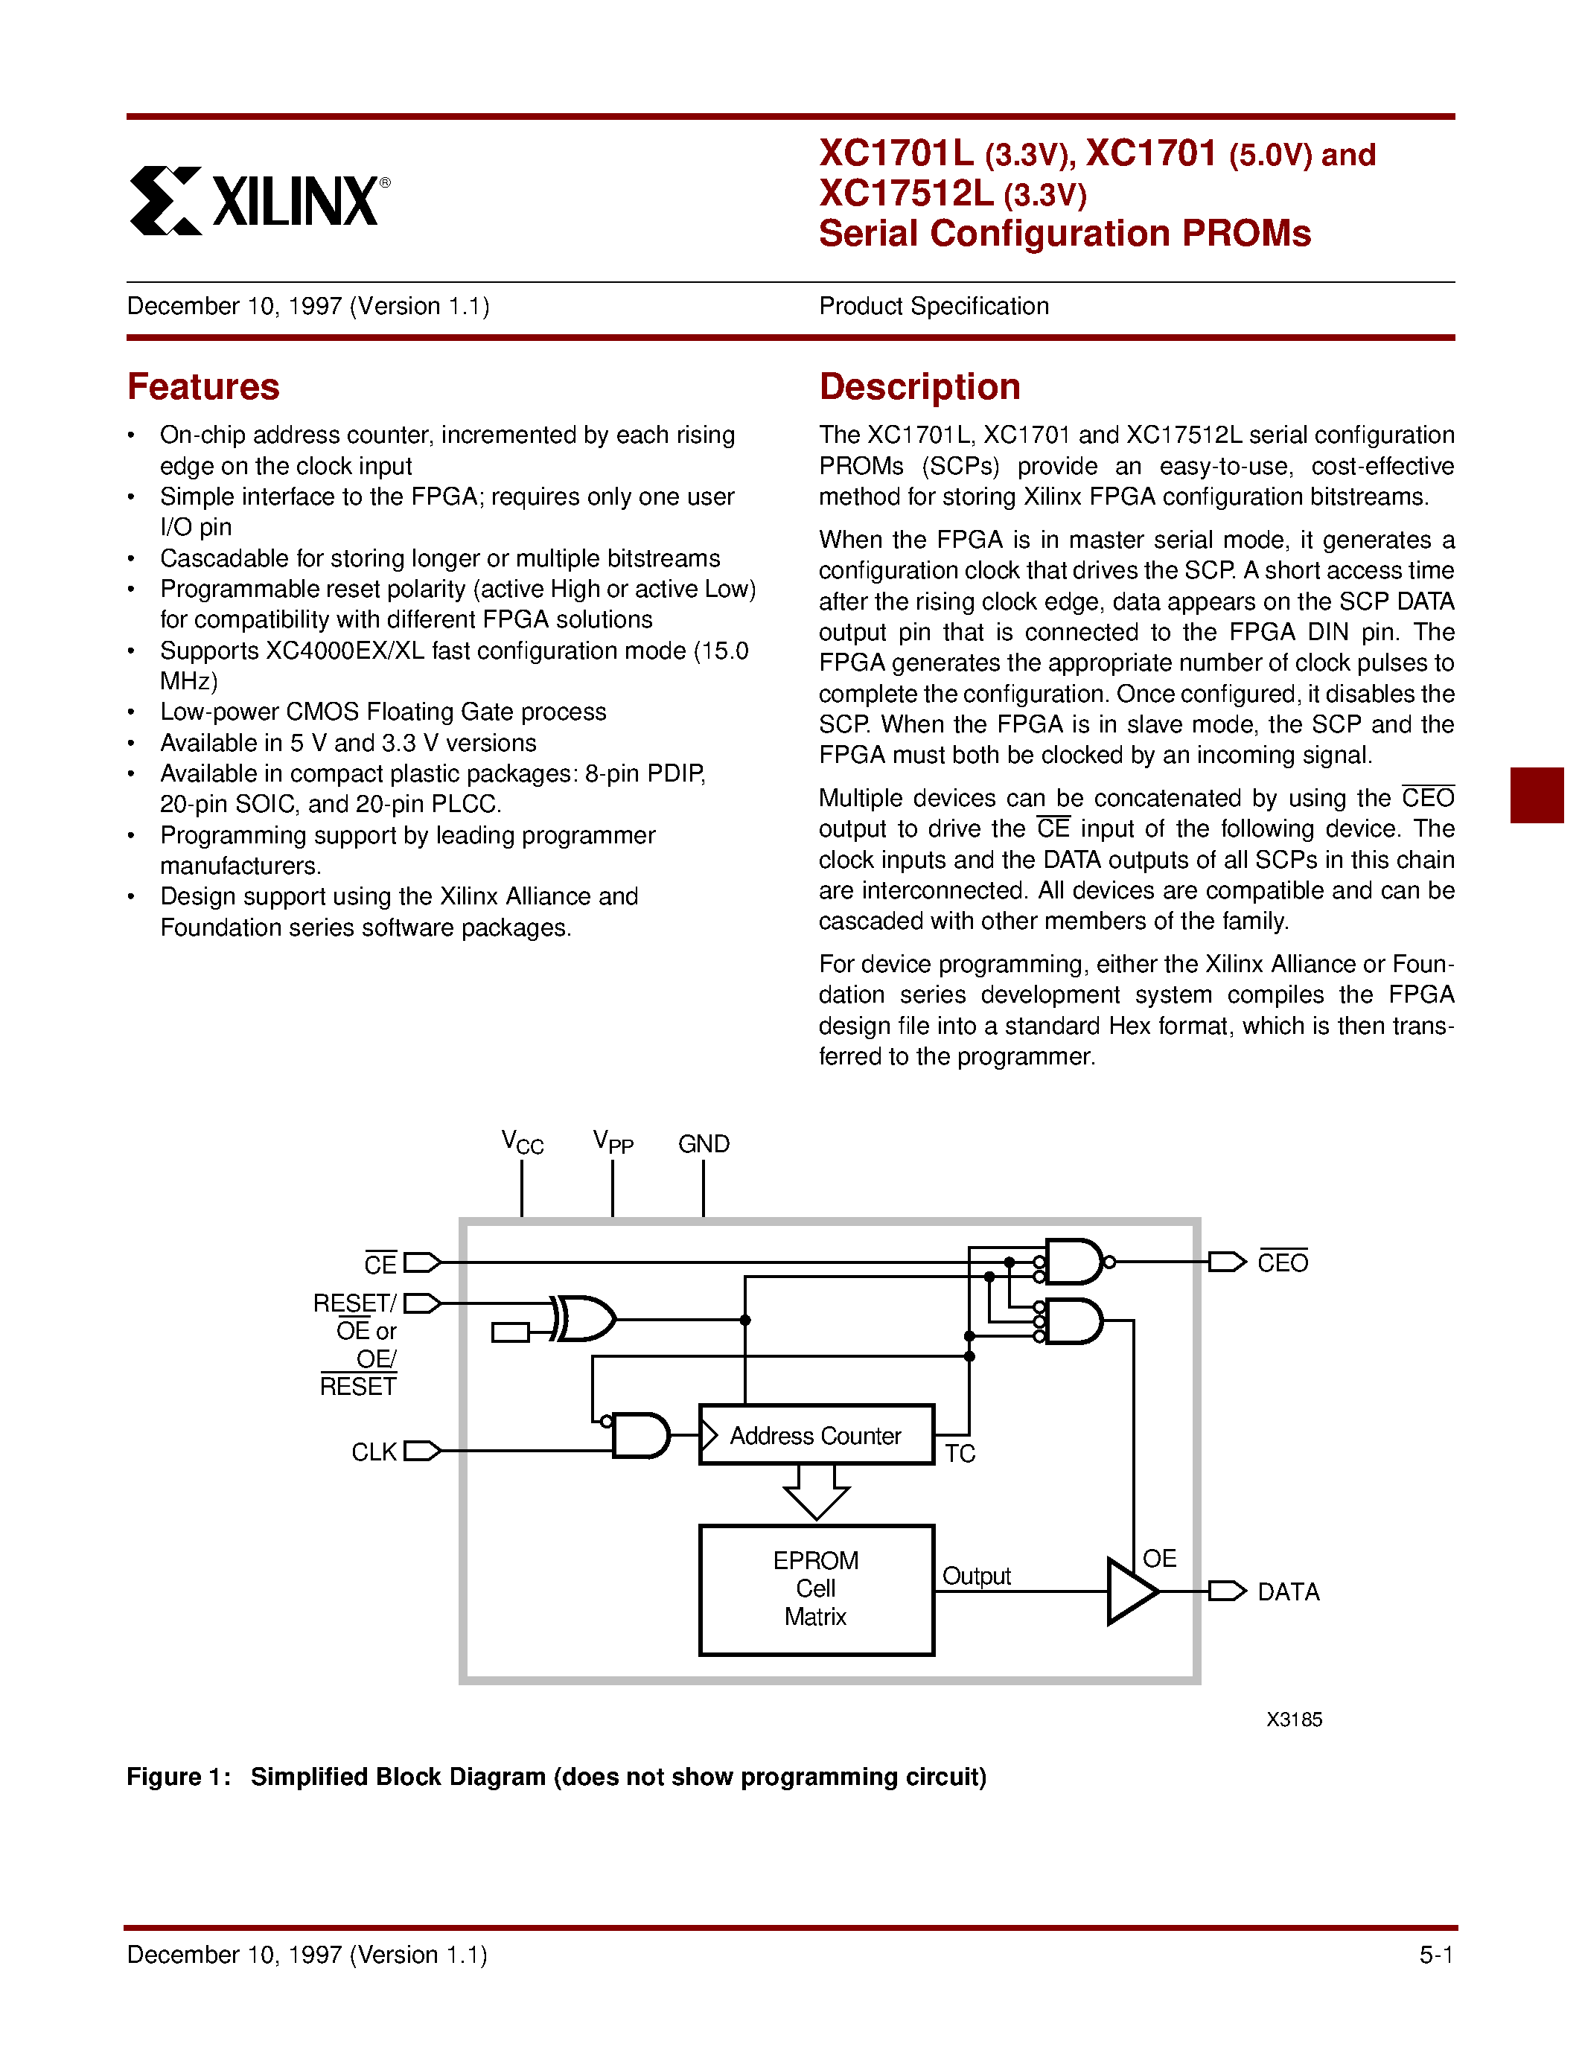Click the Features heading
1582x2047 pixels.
tap(203, 387)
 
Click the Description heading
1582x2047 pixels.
tap(919, 387)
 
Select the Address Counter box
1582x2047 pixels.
tap(816, 1435)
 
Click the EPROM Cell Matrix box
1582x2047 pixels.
tap(816, 1590)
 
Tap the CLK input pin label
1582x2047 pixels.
tap(374, 1452)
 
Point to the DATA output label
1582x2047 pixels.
tap(1288, 1591)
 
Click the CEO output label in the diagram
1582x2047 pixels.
tap(1282, 1262)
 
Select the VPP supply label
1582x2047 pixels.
tap(613, 1143)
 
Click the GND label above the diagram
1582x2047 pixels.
tap(704, 1143)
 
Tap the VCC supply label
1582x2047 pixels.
tap(522, 1143)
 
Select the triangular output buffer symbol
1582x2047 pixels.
tap(1131, 1591)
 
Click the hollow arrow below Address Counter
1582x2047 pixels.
tap(816, 1490)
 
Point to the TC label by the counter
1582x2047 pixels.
tap(960, 1454)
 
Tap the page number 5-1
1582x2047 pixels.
tap(1436, 1954)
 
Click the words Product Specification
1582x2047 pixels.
tap(934, 307)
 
